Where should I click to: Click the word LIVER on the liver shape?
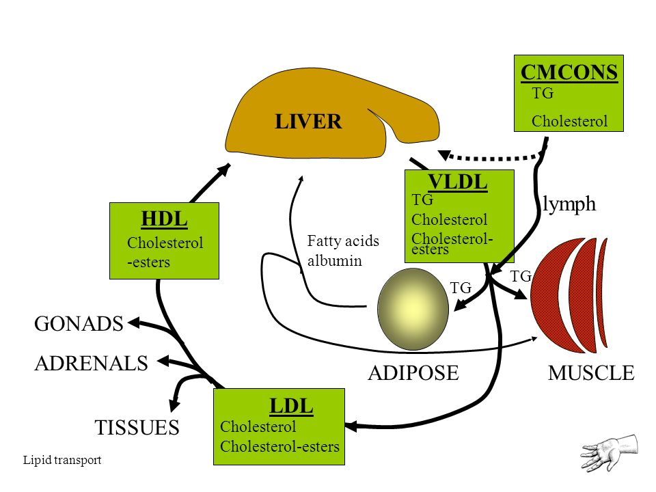point(308,122)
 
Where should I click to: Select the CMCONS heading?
point(569,73)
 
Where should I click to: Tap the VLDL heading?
point(458,182)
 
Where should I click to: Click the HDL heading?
point(164,219)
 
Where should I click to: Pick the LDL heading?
point(291,406)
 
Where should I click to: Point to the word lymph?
point(569,204)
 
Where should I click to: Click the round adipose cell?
point(413,309)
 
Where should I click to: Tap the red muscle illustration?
point(569,295)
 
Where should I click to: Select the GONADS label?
point(79,324)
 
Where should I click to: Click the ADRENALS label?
point(91,363)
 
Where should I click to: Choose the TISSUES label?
point(137,428)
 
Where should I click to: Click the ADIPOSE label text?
point(413,373)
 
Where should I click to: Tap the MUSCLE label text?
point(591,373)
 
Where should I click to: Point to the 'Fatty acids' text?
point(343,241)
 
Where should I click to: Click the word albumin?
point(335,260)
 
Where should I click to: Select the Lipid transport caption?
point(62,460)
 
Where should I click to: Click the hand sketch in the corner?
point(610,452)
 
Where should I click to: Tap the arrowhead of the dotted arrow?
point(443,155)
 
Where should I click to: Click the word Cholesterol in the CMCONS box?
point(569,122)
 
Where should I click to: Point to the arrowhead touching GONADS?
point(134,323)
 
